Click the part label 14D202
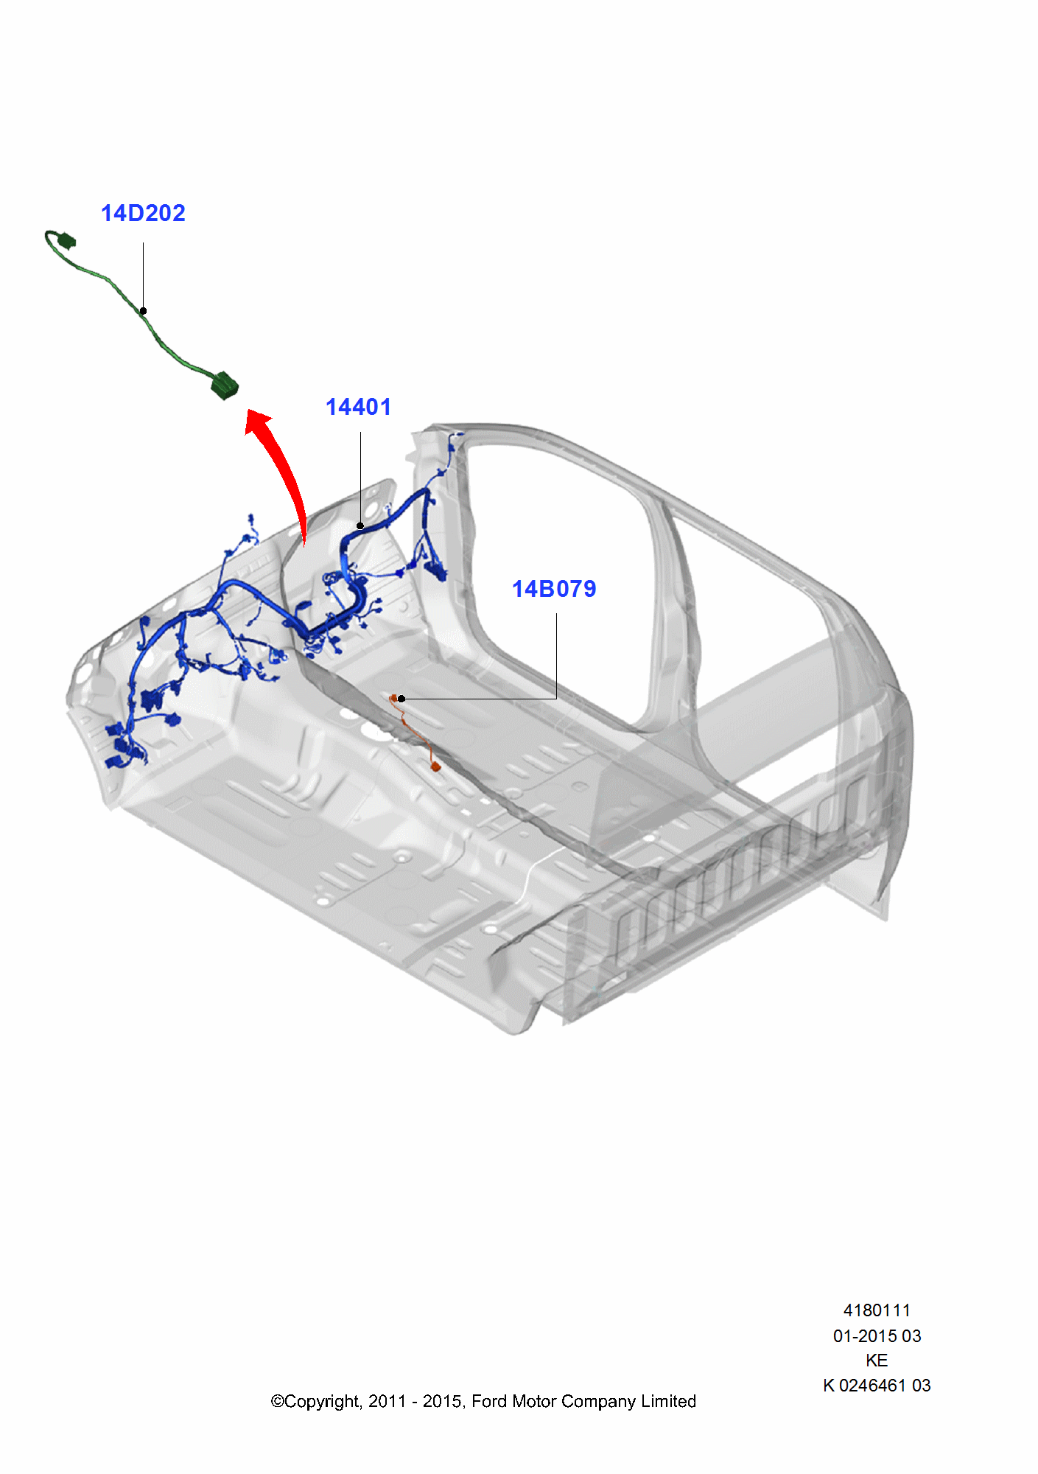click(x=143, y=214)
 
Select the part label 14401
click(x=358, y=408)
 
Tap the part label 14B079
click(x=554, y=590)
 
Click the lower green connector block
click(x=224, y=386)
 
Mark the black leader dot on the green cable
click(x=144, y=311)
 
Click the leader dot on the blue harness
click(x=360, y=526)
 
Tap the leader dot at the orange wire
click(x=401, y=699)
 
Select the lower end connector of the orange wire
click(x=436, y=767)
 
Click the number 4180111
click(x=877, y=1310)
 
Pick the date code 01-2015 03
click(x=877, y=1335)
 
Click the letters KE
click(x=877, y=1361)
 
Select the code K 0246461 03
click(x=877, y=1386)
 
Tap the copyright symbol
click(x=277, y=1402)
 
